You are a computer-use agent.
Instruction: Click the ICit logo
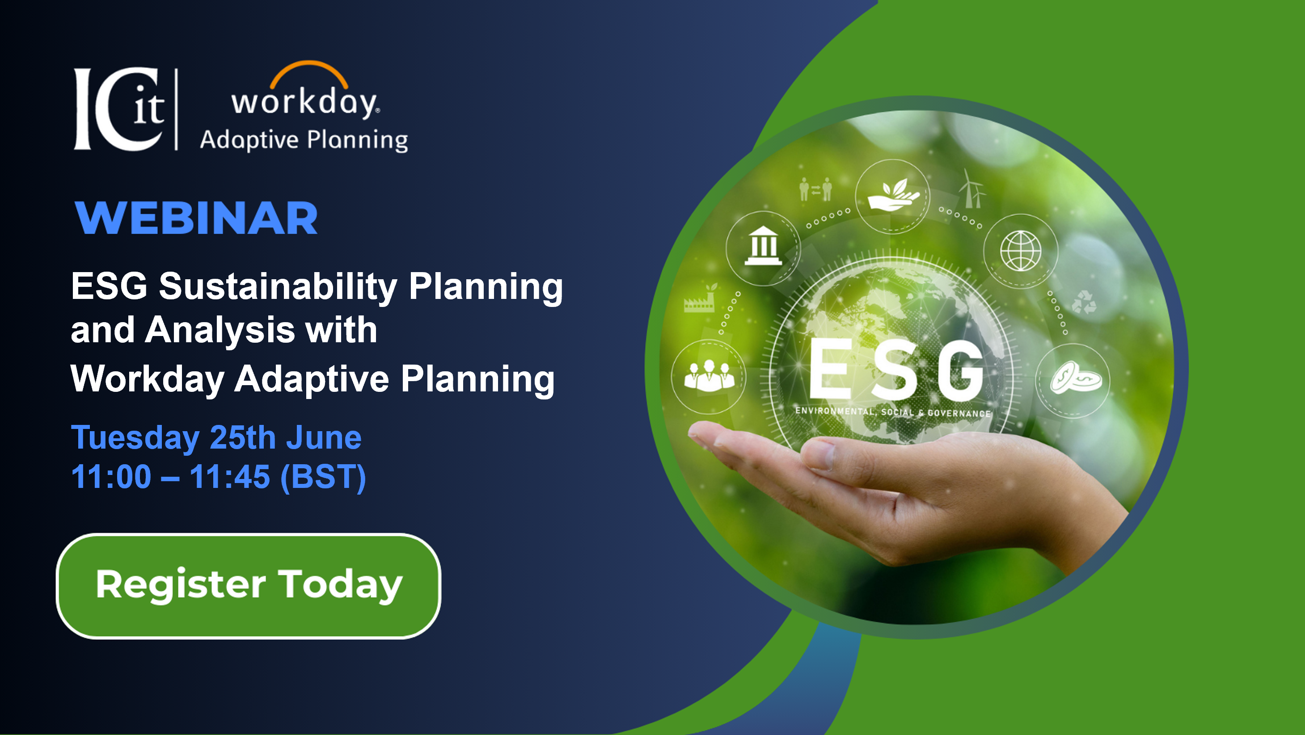119,109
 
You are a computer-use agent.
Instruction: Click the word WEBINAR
196,218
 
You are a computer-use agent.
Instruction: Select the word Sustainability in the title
278,286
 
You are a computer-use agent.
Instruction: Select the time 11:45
229,477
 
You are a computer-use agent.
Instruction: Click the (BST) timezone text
323,477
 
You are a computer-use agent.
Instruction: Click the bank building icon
763,247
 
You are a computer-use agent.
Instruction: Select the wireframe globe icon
1020,251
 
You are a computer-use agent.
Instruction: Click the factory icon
700,299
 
